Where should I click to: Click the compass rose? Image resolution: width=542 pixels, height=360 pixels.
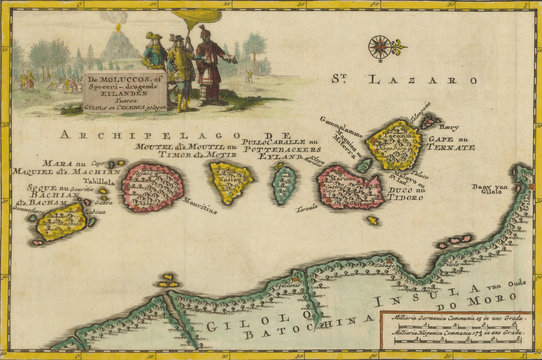tap(381, 46)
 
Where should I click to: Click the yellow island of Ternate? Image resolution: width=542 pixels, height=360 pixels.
tap(393, 144)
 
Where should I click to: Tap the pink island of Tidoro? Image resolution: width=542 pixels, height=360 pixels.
tap(349, 187)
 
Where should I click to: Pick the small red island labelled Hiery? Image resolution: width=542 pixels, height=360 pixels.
tap(429, 121)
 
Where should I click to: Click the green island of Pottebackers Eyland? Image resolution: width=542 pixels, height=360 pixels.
tap(285, 184)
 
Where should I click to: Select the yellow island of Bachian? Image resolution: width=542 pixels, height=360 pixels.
tap(62, 221)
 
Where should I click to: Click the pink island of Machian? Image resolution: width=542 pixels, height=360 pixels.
tap(153, 186)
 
